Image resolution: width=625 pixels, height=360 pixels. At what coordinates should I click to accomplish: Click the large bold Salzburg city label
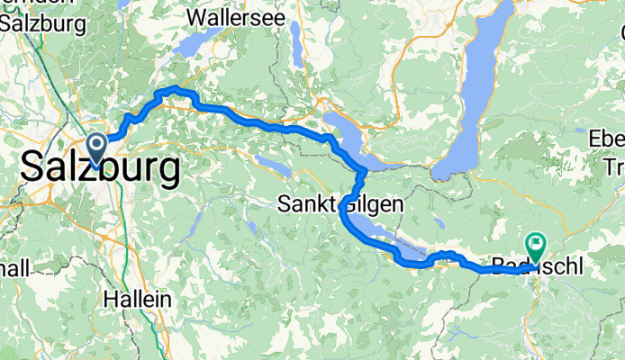click(99, 168)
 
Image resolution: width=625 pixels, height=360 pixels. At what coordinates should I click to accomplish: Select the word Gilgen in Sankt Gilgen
click(373, 204)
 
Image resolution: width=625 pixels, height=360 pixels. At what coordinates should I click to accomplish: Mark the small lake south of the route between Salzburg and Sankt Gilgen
click(274, 166)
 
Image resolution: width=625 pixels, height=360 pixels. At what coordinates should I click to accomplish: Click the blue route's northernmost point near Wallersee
click(171, 89)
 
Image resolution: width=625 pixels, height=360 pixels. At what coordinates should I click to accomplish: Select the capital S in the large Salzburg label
click(32, 168)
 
